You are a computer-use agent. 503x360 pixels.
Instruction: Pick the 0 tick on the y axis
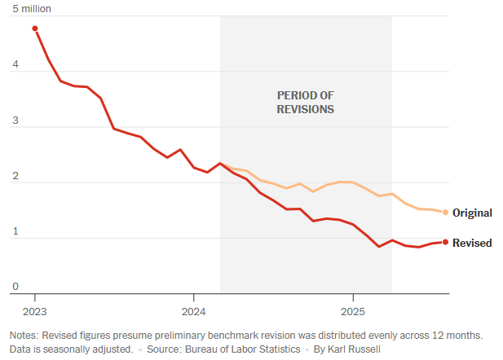13,287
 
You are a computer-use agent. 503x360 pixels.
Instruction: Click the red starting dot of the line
35,29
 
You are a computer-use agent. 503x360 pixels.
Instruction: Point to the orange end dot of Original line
445,213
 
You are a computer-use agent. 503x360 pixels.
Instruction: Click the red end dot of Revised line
445,242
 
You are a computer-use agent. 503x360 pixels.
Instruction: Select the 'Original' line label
472,213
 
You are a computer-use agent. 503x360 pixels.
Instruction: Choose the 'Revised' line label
472,243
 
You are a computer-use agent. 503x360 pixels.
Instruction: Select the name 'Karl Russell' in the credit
359,349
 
